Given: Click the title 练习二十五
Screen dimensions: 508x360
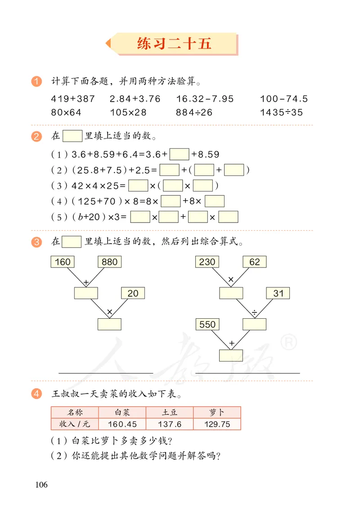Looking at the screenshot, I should [x=174, y=44].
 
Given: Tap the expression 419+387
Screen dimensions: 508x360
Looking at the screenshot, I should [x=72, y=99].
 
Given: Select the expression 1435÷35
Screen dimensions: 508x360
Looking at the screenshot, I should [x=281, y=112].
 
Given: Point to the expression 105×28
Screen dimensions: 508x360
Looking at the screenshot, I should [x=128, y=112].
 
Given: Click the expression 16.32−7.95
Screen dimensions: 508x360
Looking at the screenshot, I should [x=205, y=99].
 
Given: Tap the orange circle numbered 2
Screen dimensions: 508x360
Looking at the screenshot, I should [x=37, y=136].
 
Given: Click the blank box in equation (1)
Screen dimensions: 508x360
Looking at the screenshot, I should [x=179, y=155].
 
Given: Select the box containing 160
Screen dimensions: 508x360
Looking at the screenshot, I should [x=63, y=262].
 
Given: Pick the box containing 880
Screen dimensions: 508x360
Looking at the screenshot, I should [x=110, y=262].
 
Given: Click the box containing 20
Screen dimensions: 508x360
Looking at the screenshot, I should [x=133, y=293].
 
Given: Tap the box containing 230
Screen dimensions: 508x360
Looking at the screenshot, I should [x=207, y=262].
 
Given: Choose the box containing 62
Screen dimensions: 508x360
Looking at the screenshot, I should [x=254, y=262].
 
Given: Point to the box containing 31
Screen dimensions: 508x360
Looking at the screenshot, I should [x=278, y=293].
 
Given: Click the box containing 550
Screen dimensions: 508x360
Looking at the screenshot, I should [x=207, y=324].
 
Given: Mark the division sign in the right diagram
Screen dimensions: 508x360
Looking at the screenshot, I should [x=254, y=311].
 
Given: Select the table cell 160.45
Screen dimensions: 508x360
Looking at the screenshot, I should [x=122, y=424].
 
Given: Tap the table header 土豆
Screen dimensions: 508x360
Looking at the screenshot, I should [x=170, y=412].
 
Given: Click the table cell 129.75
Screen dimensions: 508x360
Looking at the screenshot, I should [x=217, y=424].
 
